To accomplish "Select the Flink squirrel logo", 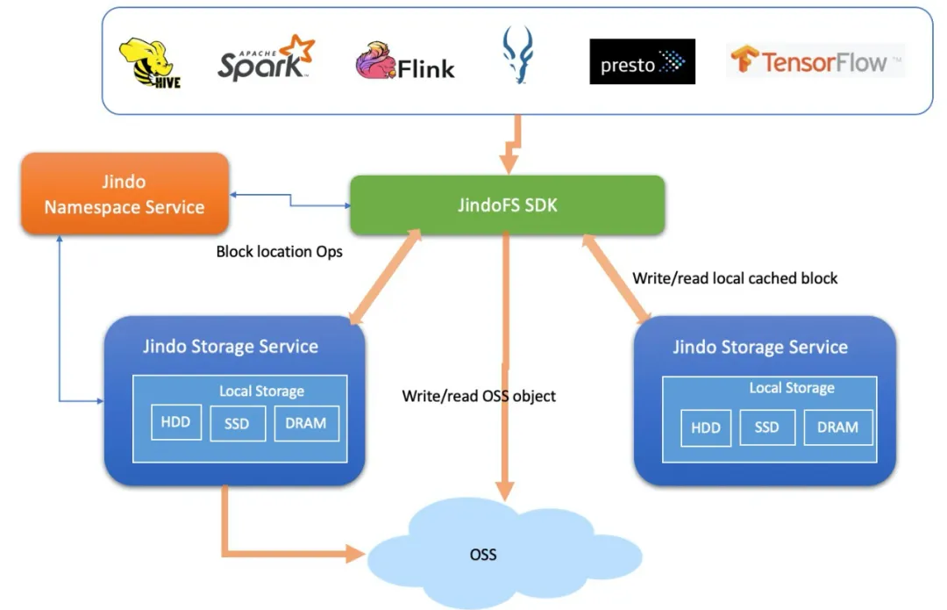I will coord(405,63).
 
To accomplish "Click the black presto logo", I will coord(642,62).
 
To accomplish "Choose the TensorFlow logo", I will coord(815,61).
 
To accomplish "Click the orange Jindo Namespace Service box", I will coord(125,194).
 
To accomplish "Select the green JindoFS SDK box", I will coord(507,205).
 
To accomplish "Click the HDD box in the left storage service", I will coord(175,422).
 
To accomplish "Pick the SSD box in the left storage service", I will coord(237,423).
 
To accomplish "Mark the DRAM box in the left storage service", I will coord(306,422).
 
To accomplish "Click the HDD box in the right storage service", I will coord(705,427).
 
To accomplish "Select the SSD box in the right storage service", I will coord(766,427).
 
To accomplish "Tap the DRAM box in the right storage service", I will coord(837,427).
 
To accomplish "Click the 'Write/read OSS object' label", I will coord(479,396).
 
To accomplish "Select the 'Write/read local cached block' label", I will coord(735,278).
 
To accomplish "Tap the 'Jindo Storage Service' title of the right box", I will coord(760,347).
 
